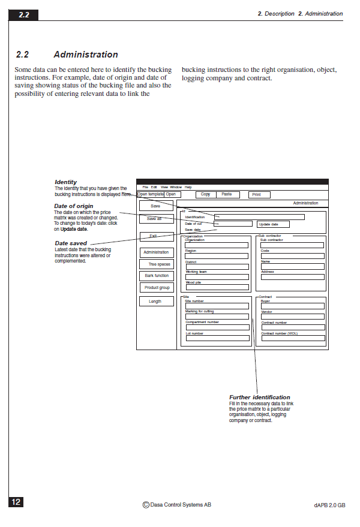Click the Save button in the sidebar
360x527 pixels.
pos(155,206)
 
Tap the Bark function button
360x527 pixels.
pos(157,276)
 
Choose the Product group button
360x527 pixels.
pos(157,288)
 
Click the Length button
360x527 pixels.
pos(155,302)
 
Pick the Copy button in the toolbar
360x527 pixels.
pos(206,195)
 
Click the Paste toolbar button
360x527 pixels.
pos(227,195)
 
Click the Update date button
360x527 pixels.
pos(273,224)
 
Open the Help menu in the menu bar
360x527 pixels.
pos(188,187)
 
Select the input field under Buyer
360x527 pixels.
pos(293,306)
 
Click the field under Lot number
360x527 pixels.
pos(217,339)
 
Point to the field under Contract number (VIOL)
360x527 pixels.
pos(293,339)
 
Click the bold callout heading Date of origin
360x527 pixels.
pos(74,206)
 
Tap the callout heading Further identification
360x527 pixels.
pos(259,397)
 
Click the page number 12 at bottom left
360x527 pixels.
pos(16,502)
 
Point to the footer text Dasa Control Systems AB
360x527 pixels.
pos(177,505)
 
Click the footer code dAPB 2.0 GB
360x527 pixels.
pos(329,505)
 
